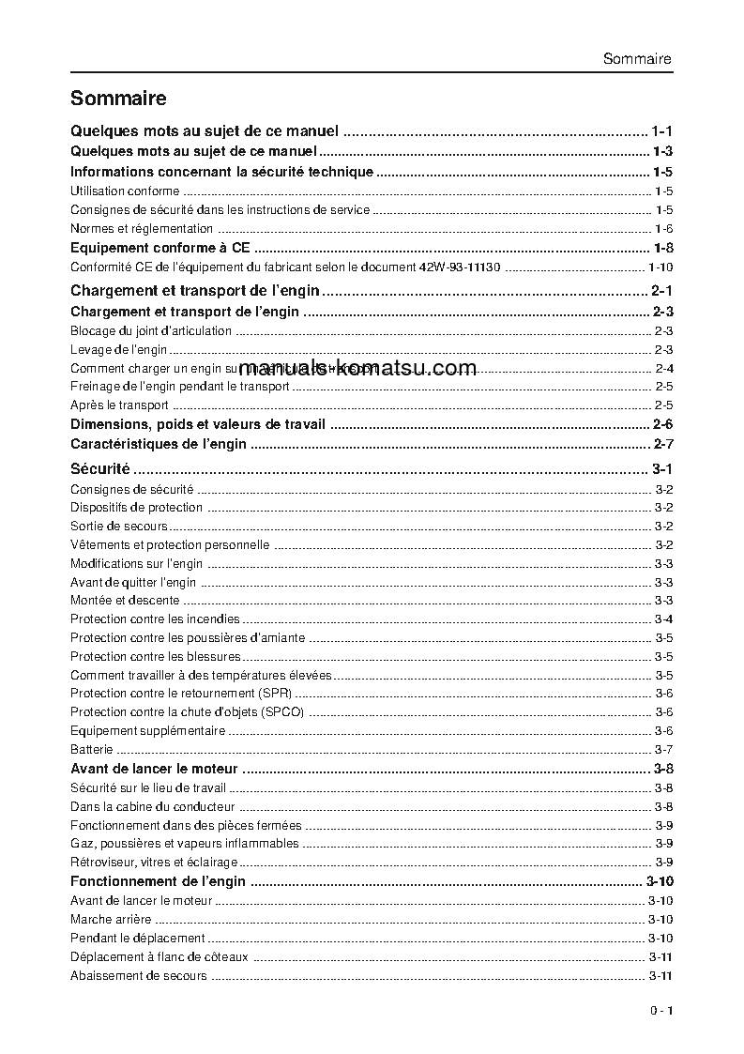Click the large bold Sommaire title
(x=118, y=99)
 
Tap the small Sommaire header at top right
(x=637, y=59)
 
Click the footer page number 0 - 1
(x=660, y=1011)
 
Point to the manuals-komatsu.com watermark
(x=358, y=368)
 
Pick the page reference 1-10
(x=660, y=267)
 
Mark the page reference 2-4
(x=664, y=368)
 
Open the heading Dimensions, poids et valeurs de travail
(x=198, y=424)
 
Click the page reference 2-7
(x=663, y=444)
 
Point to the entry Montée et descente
(x=125, y=601)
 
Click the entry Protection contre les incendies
(x=155, y=619)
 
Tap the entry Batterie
(x=92, y=750)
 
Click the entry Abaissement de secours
(x=138, y=976)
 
